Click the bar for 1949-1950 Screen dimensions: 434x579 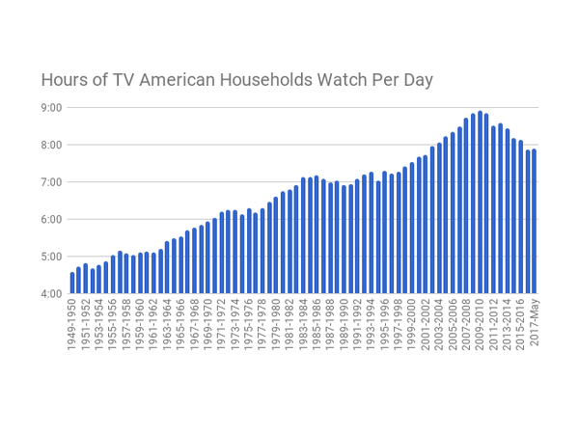pos(71,283)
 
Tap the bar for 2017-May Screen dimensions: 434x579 pos(534,221)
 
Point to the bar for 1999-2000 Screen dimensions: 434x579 pos(412,228)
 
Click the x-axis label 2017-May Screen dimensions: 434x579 pos(534,323)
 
